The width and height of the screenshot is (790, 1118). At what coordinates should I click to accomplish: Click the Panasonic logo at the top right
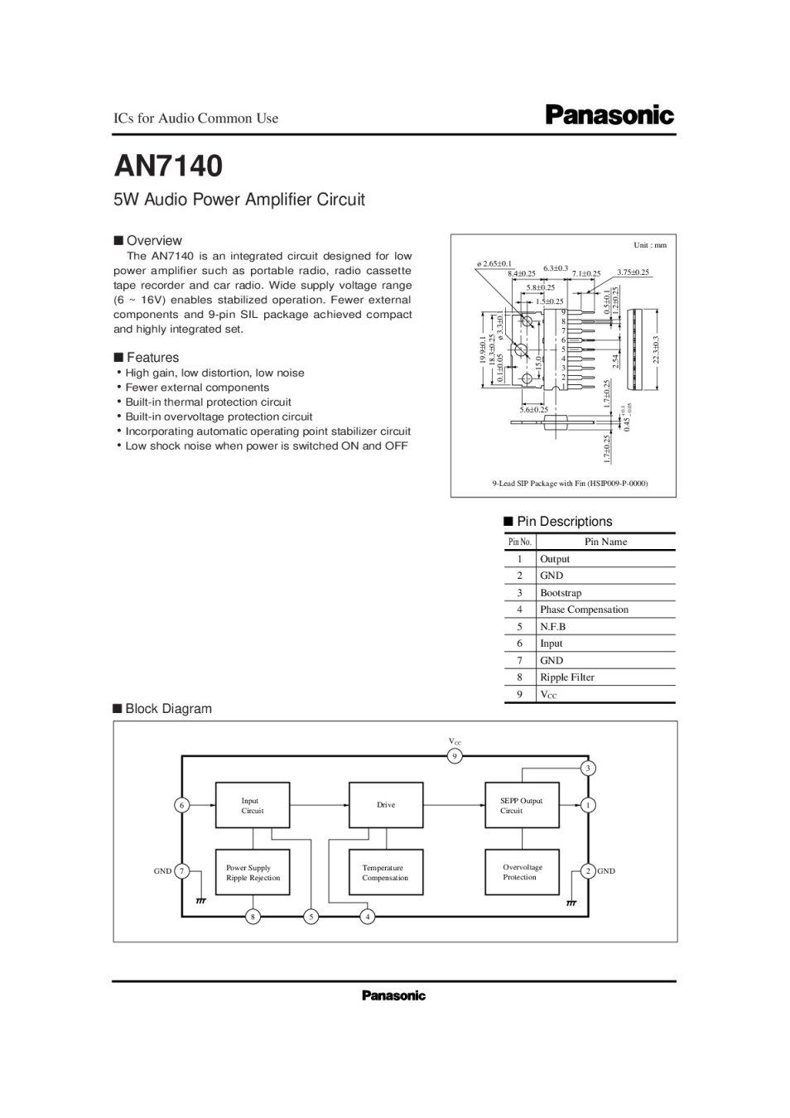click(609, 115)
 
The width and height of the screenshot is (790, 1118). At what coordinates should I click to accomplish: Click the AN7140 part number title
click(168, 166)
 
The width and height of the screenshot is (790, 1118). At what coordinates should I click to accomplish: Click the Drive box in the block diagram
click(386, 804)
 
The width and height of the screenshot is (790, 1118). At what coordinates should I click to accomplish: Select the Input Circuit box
click(253, 805)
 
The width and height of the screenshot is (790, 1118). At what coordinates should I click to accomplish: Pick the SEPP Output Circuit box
click(521, 805)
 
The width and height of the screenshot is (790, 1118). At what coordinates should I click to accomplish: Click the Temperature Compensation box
click(386, 872)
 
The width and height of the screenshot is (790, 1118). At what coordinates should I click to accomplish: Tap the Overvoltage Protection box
click(521, 872)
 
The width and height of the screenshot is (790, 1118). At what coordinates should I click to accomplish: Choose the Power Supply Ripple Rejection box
click(253, 872)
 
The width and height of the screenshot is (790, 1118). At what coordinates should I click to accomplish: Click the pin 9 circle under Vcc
click(454, 756)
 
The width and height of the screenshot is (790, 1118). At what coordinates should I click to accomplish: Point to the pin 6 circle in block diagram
click(181, 805)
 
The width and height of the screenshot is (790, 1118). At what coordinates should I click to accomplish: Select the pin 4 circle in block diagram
click(368, 917)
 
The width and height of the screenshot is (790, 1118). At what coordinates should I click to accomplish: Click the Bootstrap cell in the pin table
click(561, 593)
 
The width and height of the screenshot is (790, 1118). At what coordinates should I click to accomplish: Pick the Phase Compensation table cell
click(584, 610)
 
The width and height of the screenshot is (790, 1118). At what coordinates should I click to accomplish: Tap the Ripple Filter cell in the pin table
click(566, 677)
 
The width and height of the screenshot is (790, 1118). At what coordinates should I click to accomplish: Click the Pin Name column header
click(605, 542)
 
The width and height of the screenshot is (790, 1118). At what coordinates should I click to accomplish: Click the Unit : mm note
click(649, 245)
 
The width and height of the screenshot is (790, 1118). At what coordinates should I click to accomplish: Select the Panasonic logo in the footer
click(393, 995)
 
